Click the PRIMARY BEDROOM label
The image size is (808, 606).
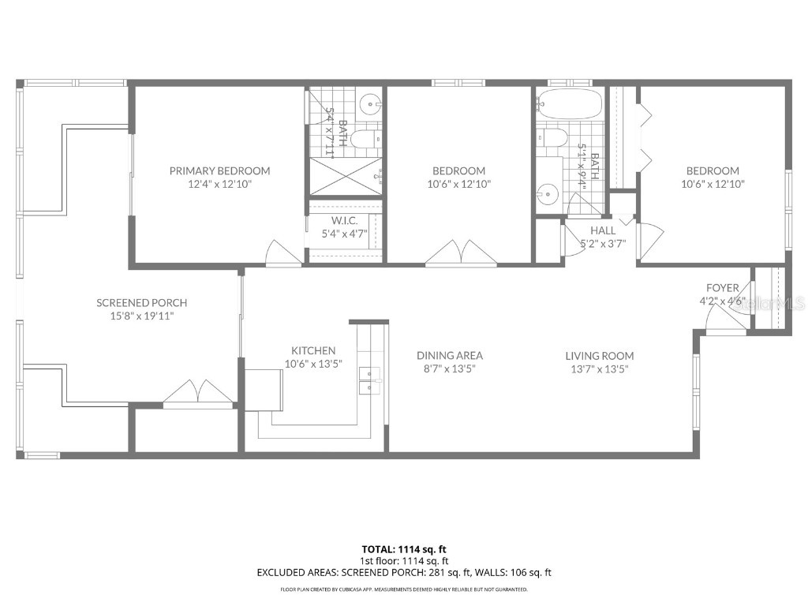[x=220, y=170]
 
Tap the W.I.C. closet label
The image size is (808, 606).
[x=346, y=220]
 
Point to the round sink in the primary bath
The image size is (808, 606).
[x=369, y=103]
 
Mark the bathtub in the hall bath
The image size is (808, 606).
[x=570, y=103]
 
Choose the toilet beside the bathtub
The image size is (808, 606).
[x=552, y=138]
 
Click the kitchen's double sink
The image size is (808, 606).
[x=368, y=380]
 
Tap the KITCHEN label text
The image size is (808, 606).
[x=313, y=350]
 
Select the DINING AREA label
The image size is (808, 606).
[x=450, y=355]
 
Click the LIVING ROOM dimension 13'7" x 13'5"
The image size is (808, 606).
[x=600, y=368]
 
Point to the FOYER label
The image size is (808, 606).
[x=722, y=287]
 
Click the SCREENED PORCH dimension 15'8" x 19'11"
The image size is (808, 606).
[x=142, y=316]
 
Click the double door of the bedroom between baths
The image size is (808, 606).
[x=458, y=252]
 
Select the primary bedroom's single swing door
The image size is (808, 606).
[x=281, y=252]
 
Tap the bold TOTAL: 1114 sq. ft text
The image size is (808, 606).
[x=404, y=549]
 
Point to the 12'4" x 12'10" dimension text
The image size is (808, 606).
[x=220, y=184]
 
